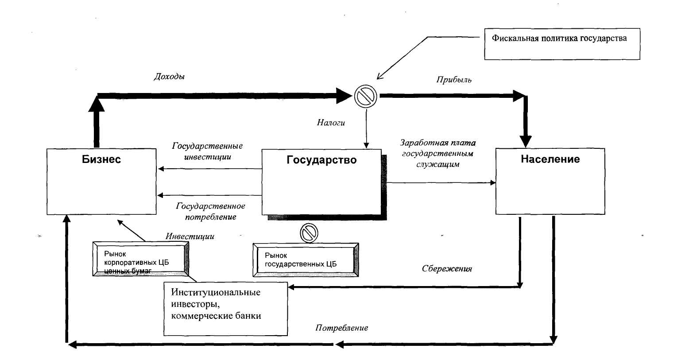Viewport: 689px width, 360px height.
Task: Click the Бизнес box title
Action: [x=101, y=159]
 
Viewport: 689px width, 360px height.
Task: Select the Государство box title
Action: [x=321, y=160]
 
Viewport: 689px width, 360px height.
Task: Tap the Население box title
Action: [x=550, y=159]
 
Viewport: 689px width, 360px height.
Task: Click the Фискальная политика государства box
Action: [x=561, y=44]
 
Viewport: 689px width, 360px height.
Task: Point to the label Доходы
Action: [x=169, y=77]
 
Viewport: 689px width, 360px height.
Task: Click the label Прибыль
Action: [x=454, y=80]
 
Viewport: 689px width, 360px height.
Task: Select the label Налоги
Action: [x=331, y=123]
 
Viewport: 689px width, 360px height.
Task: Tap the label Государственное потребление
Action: [x=211, y=211]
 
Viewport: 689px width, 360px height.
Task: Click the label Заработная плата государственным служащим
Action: [x=437, y=153]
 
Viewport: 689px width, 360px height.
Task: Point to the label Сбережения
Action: [x=447, y=268]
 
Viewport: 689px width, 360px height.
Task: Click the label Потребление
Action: [x=342, y=328]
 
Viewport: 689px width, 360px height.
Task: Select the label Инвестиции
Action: [x=190, y=236]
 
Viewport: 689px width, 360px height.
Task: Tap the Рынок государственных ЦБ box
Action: [x=306, y=260]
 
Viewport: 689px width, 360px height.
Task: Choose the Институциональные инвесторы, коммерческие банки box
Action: [x=226, y=309]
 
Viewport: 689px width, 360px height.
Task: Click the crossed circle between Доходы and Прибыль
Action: [x=366, y=95]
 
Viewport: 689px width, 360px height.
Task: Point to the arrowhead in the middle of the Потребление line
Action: [x=340, y=344]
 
